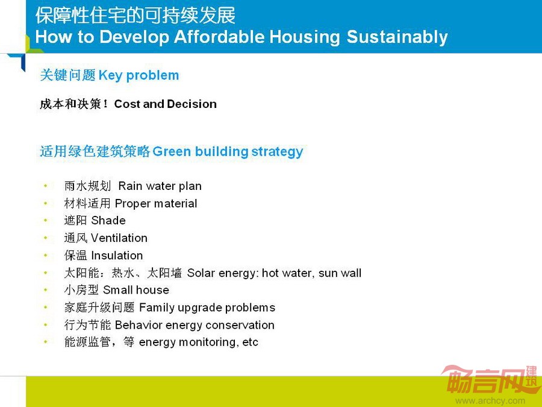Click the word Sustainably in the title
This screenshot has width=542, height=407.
point(397,37)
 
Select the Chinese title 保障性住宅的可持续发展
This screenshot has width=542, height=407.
point(135,16)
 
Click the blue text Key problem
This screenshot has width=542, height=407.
point(139,75)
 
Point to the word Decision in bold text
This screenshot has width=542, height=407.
point(192,104)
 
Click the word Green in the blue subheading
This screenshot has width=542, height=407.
point(172,151)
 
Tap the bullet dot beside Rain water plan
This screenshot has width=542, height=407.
point(46,186)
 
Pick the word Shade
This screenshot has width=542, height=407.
point(108,221)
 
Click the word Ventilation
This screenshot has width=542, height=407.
point(119,238)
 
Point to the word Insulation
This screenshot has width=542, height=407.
point(117,256)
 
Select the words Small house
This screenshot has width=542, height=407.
point(136,290)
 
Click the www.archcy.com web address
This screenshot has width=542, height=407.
point(490,401)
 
